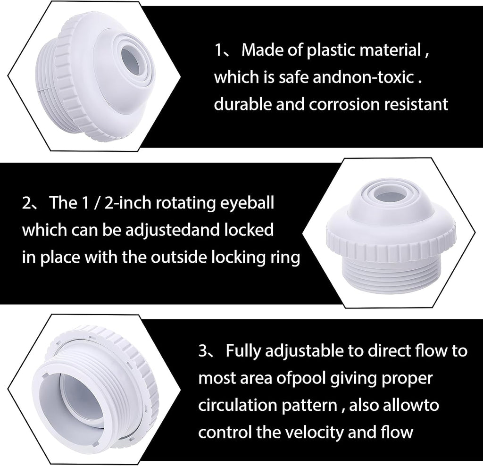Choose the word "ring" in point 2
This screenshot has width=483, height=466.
tap(284, 258)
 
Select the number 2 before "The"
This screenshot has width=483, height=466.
tap(27, 205)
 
